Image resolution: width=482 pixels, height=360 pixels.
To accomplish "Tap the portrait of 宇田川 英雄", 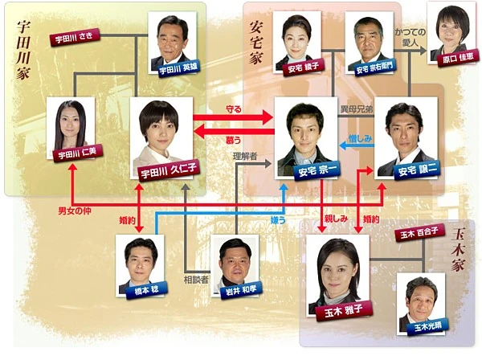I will [x=176, y=42].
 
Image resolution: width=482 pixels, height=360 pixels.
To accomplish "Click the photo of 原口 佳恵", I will [x=450, y=34].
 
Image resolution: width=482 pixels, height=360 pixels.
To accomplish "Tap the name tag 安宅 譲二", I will [x=406, y=170].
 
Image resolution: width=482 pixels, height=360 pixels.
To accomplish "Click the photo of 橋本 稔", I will [x=141, y=263].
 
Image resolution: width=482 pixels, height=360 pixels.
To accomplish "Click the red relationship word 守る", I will [x=234, y=108].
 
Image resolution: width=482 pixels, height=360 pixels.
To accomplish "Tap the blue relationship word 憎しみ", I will [x=358, y=138].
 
